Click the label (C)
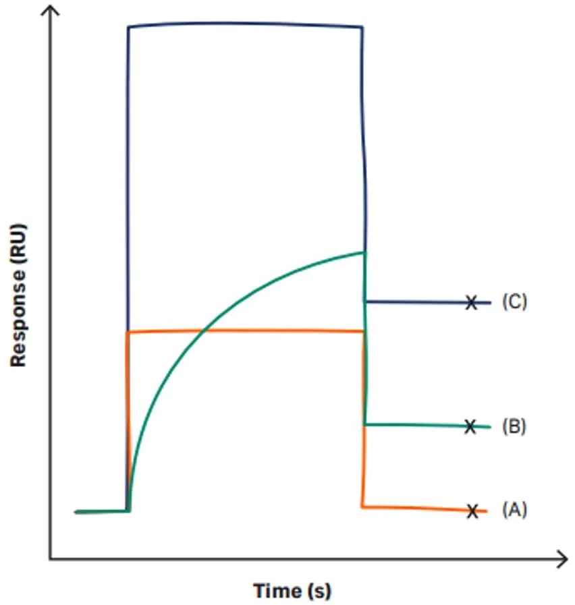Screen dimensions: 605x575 point(514,301)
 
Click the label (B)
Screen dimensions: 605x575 point(514,426)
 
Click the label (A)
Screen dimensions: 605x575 point(514,511)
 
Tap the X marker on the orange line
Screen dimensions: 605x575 point(473,511)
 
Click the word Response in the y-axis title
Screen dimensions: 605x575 point(18,318)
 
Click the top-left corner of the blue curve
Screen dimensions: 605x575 point(129,28)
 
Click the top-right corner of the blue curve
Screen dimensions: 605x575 point(363,28)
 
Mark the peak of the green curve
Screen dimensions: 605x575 point(364,252)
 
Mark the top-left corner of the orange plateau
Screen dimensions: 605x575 point(128,332)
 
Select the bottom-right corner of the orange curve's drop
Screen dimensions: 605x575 point(363,506)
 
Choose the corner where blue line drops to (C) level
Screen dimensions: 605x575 point(365,301)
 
